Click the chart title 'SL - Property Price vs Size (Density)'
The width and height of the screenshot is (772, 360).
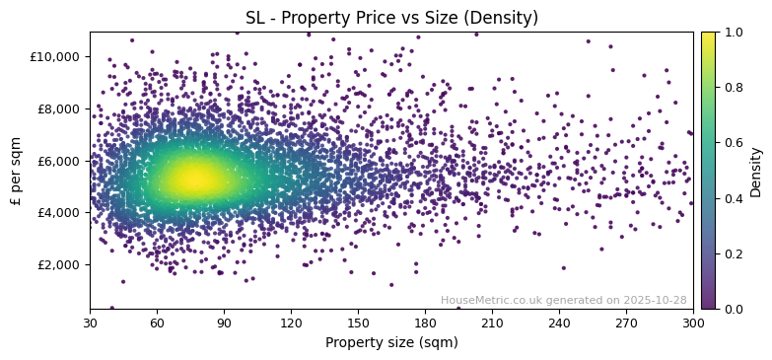click(391, 18)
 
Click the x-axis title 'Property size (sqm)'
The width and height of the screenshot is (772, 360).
click(391, 342)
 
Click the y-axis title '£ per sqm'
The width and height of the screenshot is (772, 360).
click(16, 171)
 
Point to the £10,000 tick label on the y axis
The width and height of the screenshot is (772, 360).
click(56, 56)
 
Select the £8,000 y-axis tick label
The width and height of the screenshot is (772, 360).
click(59, 108)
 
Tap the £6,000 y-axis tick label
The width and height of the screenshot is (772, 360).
click(59, 161)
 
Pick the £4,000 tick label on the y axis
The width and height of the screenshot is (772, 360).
click(59, 212)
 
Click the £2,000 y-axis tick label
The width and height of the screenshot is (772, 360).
click(59, 264)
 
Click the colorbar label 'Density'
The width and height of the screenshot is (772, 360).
click(756, 171)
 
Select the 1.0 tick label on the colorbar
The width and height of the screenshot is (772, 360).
click(734, 32)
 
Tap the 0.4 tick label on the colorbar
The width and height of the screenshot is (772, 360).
click(734, 198)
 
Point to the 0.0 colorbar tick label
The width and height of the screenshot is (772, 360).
click(734, 309)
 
